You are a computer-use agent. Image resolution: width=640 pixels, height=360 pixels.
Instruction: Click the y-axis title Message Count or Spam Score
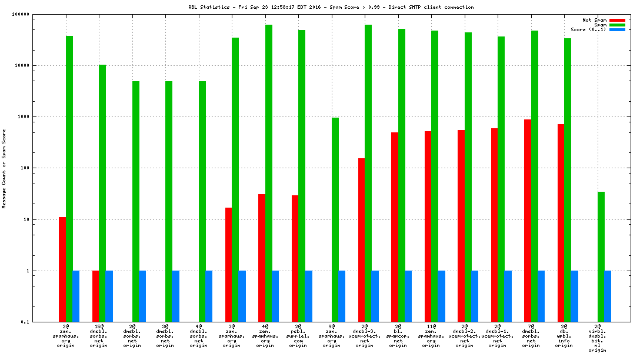pyautogui.click(x=4, y=168)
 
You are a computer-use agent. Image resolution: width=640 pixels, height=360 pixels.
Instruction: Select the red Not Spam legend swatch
pyautogui.click(x=617, y=20)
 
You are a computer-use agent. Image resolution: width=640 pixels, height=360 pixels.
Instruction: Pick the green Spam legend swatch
pyautogui.click(x=617, y=25)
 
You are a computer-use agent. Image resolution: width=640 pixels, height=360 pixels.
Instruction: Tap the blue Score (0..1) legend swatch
pyautogui.click(x=617, y=29)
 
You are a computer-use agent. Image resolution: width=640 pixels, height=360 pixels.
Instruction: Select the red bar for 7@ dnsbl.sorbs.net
pyautogui.click(x=528, y=221)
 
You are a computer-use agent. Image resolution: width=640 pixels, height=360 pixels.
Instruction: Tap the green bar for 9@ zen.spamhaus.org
pyautogui.click(x=335, y=219)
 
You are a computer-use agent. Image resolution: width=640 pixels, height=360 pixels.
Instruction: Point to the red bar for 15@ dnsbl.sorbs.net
pyautogui.click(x=95, y=296)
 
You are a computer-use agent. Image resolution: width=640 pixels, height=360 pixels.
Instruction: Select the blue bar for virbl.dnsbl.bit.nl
pyautogui.click(x=608, y=296)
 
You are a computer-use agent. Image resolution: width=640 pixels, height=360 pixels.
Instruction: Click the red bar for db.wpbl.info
pyautogui.click(x=561, y=223)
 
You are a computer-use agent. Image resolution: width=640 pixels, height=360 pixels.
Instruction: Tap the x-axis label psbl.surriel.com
pyautogui.click(x=298, y=336)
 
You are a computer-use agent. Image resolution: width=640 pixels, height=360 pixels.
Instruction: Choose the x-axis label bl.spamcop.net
pyautogui.click(x=398, y=336)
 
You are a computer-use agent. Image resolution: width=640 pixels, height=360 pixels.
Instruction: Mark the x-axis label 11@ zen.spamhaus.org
pyautogui.click(x=431, y=336)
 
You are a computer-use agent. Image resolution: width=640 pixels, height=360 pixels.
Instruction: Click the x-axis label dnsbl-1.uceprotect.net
pyautogui.click(x=498, y=336)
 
